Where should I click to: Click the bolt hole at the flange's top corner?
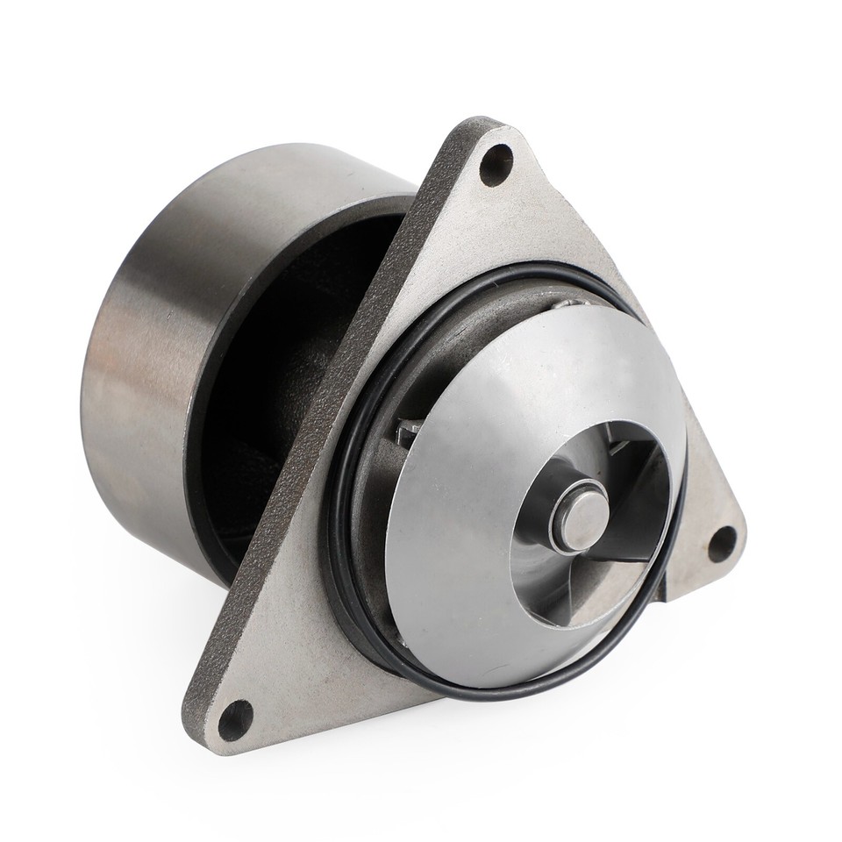coord(496,163)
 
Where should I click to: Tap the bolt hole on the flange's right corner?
coord(723,544)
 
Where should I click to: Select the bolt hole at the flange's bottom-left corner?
coord(235,720)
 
